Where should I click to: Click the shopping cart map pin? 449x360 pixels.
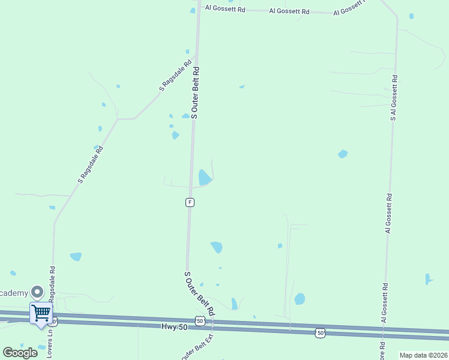[41, 313]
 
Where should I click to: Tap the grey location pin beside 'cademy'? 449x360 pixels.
[37, 292]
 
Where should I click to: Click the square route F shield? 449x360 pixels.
[190, 202]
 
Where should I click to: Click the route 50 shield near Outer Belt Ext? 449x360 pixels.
[200, 322]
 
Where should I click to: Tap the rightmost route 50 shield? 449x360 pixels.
[321, 332]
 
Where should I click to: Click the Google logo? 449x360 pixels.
[20, 353]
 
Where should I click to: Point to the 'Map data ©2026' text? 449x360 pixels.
[423, 355]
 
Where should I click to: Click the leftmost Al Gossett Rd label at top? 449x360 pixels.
[225, 9]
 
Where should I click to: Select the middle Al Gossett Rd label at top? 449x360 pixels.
[289, 11]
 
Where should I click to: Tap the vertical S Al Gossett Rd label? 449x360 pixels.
[394, 98]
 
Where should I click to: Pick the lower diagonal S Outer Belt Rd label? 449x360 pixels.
[199, 293]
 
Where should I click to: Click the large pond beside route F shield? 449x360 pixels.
[205, 177]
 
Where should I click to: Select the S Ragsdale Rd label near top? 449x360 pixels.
[175, 75]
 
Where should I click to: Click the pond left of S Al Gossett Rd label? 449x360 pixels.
[343, 154]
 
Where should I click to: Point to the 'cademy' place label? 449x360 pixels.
[14, 293]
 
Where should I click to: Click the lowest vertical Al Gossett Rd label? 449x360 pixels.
[384, 303]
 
